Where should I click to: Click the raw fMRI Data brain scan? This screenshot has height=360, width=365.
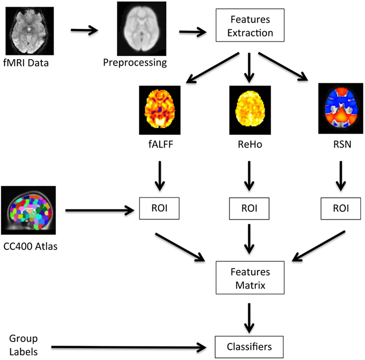pyautogui.click(x=29, y=31)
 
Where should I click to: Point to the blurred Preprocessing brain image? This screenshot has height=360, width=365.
pyautogui.click(x=142, y=29)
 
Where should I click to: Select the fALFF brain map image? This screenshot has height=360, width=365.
pyautogui.click(x=160, y=110)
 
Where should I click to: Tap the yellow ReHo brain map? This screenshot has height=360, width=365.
pyautogui.click(x=250, y=110)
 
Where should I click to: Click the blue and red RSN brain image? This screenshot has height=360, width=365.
pyautogui.click(x=341, y=109)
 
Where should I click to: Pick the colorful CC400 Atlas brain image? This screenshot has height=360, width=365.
pyautogui.click(x=28, y=210)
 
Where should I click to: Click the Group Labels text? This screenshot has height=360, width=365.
pyautogui.click(x=23, y=345)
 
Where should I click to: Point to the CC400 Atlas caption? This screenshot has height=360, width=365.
pyautogui.click(x=30, y=246)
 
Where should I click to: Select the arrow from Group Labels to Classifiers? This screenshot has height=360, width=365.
pyautogui.click(x=129, y=348)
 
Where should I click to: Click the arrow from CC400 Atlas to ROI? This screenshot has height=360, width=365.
pyautogui.click(x=100, y=210)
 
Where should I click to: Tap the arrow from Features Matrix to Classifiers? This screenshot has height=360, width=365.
pyautogui.click(x=249, y=318)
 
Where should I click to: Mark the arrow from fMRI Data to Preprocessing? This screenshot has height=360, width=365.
pyautogui.click(x=84, y=30)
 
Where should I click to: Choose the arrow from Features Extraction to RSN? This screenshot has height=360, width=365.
pyautogui.click(x=283, y=67)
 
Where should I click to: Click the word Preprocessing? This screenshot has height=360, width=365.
pyautogui.click(x=135, y=63)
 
